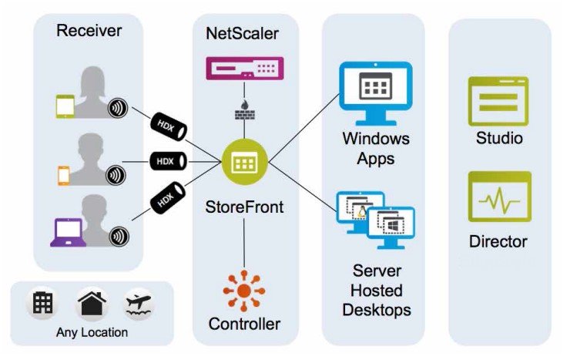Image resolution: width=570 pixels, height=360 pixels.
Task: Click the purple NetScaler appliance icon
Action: [244, 69]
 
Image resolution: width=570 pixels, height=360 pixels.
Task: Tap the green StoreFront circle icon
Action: [244, 163]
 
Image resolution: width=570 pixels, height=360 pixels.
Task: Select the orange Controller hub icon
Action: [244, 291]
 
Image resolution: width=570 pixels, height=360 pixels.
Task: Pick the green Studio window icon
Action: [498, 101]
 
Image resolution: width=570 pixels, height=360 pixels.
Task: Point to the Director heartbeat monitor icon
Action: [499, 197]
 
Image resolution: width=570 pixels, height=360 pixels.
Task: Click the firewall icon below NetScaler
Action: [244, 109]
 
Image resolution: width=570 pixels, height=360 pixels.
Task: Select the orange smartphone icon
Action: [64, 174]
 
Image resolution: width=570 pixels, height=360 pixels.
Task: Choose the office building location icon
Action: [43, 303]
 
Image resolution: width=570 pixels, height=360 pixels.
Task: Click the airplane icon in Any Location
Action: [138, 304]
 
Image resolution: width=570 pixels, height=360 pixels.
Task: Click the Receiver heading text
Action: [89, 32]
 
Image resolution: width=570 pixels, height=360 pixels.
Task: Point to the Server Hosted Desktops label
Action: [375, 290]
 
